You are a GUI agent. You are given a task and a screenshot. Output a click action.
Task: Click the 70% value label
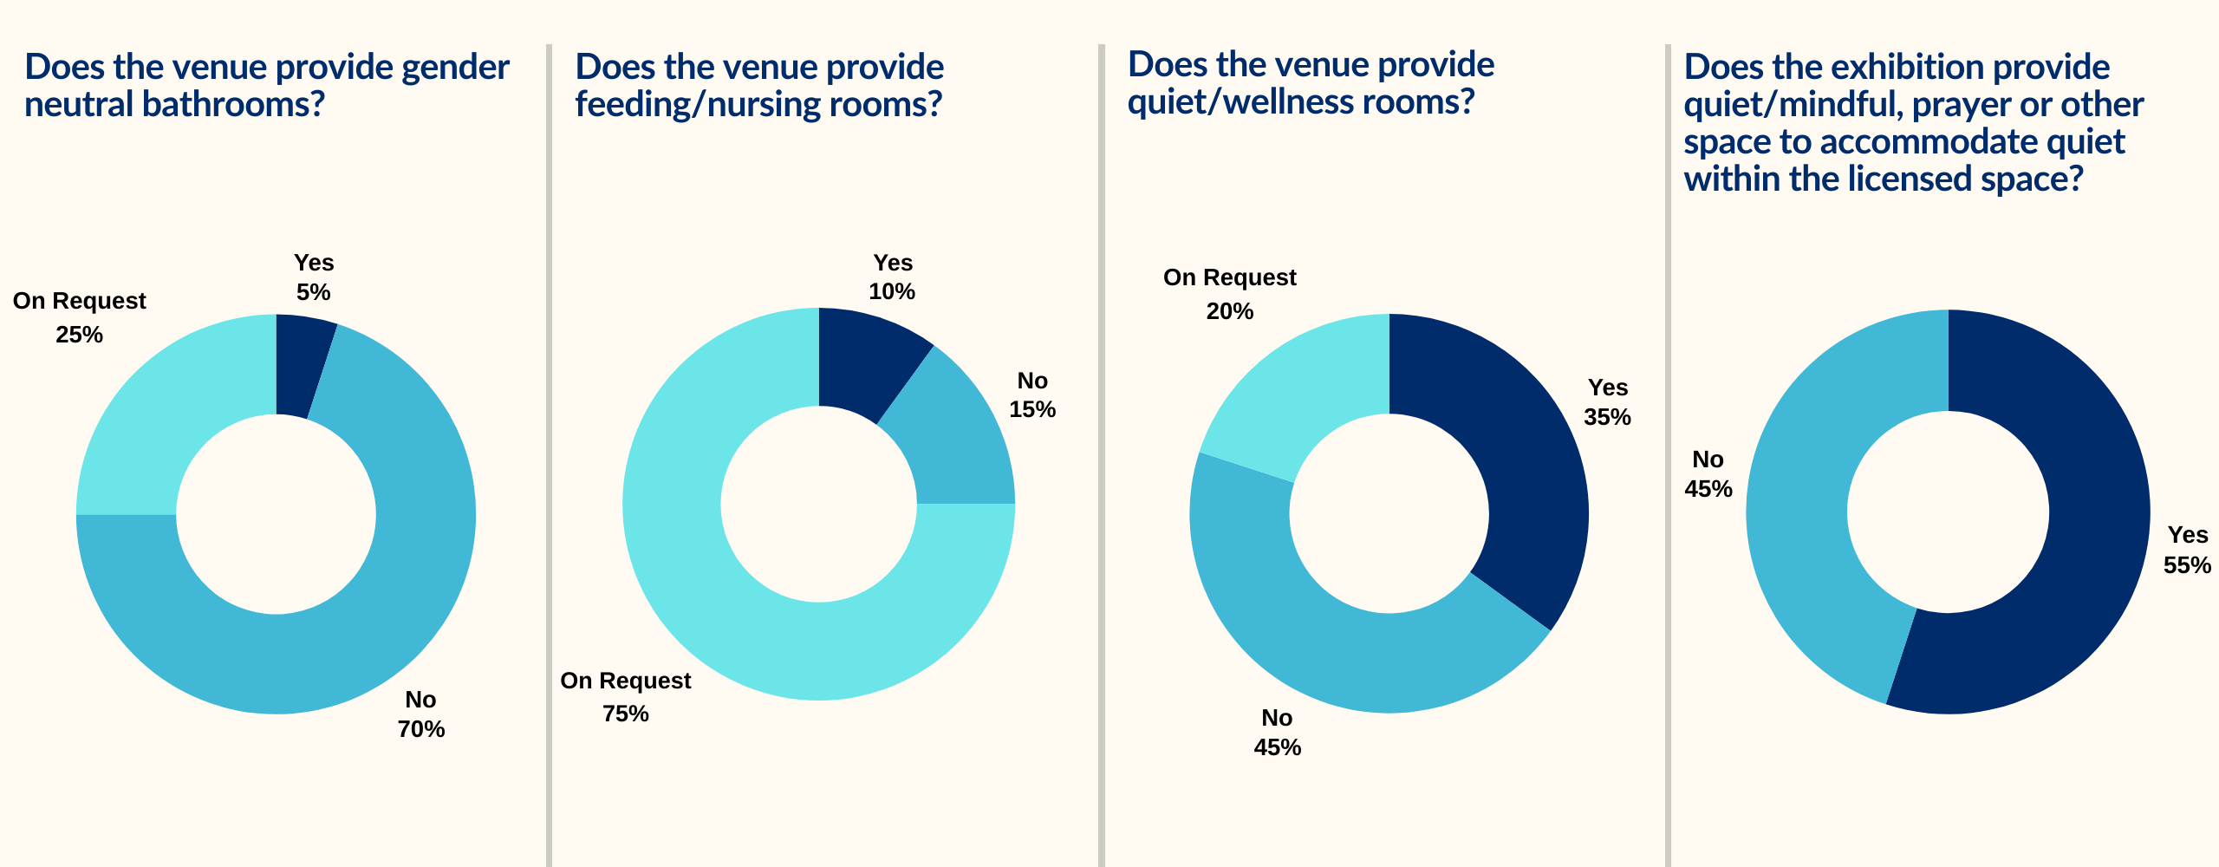click(421, 729)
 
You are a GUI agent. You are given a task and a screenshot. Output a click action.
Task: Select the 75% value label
click(626, 714)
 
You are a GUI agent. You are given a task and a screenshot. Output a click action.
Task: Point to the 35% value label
click(1607, 417)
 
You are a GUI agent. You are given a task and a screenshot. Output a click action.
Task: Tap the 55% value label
click(2187, 565)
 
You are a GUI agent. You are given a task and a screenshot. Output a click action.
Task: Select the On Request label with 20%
click(1229, 277)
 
